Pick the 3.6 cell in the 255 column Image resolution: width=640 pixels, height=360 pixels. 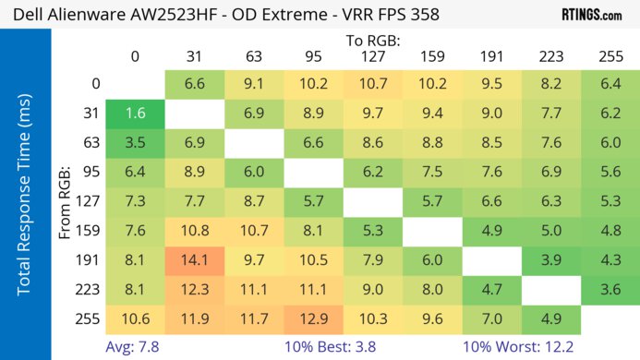(x=610, y=289)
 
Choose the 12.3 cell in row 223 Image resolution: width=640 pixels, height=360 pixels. (x=194, y=289)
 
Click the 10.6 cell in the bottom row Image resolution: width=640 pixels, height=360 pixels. (x=135, y=319)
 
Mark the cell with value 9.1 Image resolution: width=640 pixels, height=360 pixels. (x=253, y=84)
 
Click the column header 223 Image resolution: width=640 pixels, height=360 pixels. (x=550, y=56)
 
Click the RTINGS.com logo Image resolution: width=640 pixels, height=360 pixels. (x=591, y=15)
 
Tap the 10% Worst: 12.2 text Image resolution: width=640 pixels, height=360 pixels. (x=521, y=346)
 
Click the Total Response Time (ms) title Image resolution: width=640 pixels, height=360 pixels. (x=25, y=198)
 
